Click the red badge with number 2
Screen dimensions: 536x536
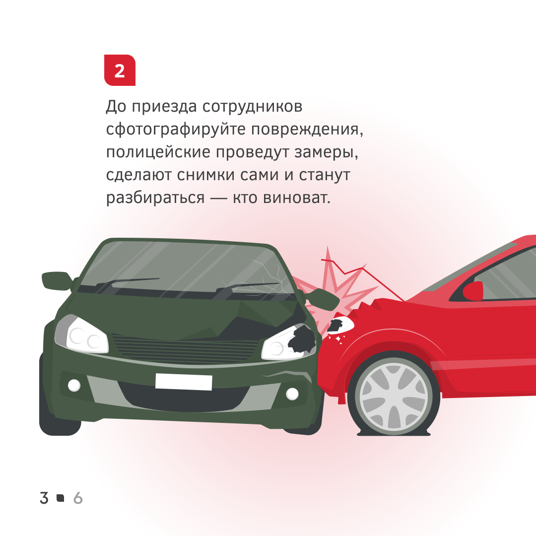120,70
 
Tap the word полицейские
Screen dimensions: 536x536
158,152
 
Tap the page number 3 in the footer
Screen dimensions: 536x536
44,498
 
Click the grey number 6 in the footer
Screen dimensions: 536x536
78,498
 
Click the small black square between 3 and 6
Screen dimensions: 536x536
61,498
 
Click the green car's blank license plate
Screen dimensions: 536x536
184,382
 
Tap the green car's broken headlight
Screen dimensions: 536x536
289,342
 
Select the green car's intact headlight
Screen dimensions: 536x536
81,335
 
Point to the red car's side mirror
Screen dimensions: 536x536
473,291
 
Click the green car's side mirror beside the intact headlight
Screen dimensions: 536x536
57,281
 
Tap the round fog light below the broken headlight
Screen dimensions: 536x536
292,394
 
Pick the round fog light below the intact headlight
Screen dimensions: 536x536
74,385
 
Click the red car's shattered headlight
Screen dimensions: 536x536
339,325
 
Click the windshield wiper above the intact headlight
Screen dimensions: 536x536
123,284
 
